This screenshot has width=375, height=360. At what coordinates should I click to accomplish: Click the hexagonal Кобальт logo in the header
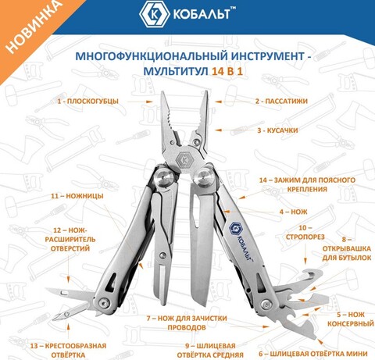153,14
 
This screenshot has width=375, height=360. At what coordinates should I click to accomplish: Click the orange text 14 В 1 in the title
227,71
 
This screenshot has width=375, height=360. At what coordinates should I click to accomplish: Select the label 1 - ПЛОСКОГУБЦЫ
88,101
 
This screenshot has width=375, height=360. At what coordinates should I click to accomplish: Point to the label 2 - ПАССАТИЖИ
281,101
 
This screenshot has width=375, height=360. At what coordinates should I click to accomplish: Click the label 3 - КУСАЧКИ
277,130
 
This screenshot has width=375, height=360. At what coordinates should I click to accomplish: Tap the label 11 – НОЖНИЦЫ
77,196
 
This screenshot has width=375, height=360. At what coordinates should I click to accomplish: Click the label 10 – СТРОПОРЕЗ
305,232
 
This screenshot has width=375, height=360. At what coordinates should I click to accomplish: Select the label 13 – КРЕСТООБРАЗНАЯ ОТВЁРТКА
68,351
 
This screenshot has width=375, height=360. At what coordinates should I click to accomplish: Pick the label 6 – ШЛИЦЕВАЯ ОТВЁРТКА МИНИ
313,354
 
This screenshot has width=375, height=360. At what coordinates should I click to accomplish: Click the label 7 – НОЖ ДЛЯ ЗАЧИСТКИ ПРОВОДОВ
187,323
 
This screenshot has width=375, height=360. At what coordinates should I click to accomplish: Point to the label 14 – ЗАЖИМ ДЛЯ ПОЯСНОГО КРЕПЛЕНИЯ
307,184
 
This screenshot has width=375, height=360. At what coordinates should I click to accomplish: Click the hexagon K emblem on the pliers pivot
184,159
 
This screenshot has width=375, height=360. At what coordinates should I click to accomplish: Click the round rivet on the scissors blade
163,255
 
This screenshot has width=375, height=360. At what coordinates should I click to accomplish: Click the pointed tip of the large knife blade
205,305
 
